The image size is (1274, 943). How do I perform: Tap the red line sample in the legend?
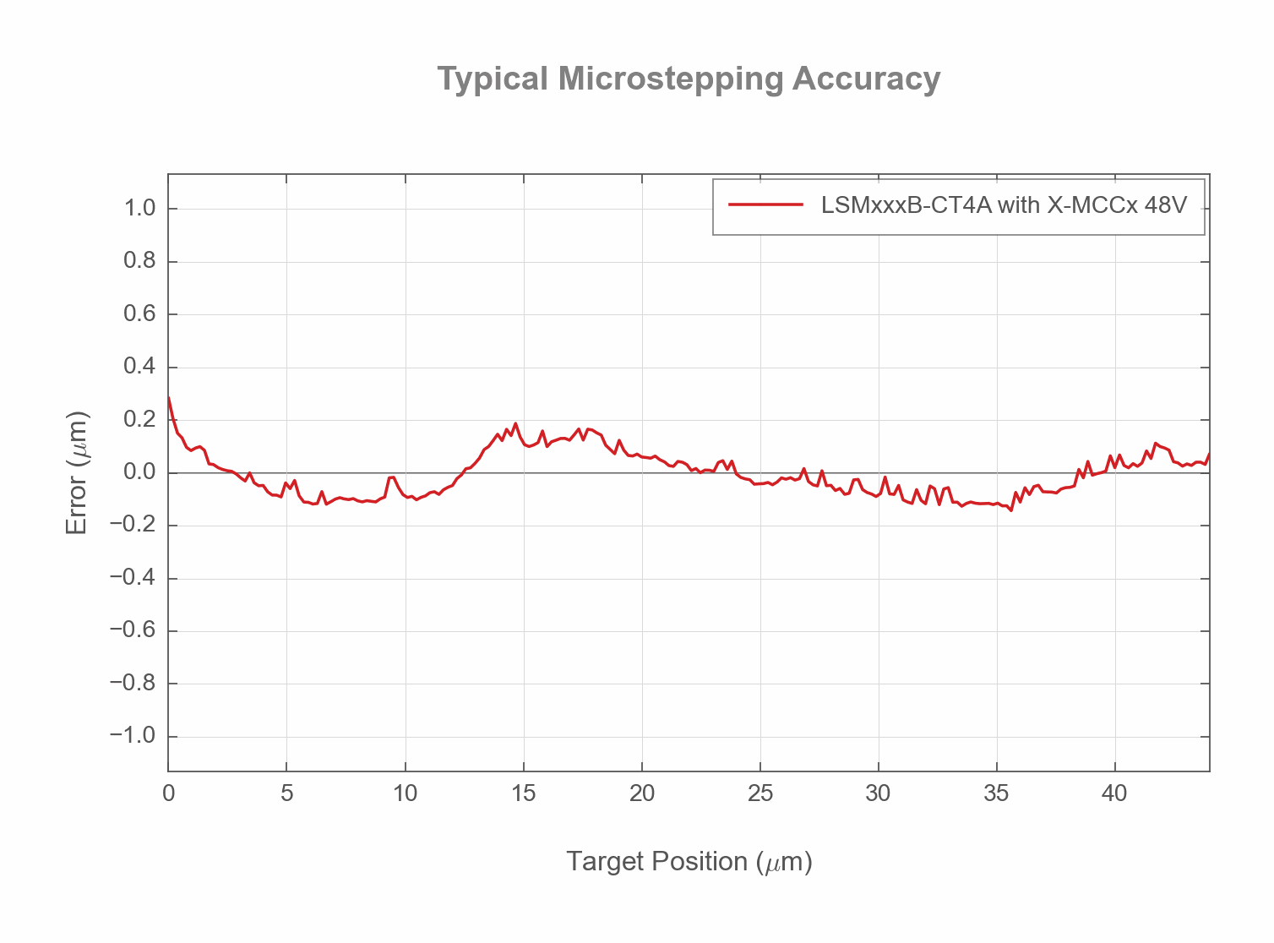[765, 204]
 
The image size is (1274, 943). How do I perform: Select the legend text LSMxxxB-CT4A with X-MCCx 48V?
[1004, 205]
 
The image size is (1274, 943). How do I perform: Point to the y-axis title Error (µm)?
[77, 472]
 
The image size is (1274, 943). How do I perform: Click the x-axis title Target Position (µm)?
[689, 862]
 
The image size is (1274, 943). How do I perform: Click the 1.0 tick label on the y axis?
[139, 209]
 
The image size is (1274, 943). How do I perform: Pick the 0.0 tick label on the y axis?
[139, 472]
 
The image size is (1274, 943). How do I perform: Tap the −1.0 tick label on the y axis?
[133, 736]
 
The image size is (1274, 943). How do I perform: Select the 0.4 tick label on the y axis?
[139, 367]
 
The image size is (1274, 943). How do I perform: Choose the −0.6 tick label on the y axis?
[133, 630]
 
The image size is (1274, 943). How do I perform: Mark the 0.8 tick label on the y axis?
[139, 261]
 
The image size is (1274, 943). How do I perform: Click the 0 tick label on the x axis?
[169, 793]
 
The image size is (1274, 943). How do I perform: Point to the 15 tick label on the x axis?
[524, 793]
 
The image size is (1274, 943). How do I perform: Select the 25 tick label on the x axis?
[760, 793]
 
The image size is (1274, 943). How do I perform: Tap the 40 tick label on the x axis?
[1114, 793]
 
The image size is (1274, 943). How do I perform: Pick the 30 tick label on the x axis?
[879, 793]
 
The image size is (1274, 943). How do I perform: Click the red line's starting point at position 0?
[169, 397]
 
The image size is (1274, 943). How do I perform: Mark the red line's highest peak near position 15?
[515, 423]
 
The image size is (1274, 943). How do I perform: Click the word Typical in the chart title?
[493, 79]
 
